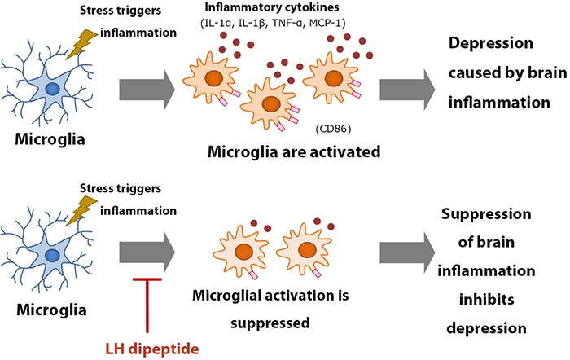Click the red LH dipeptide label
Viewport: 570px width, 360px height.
pyautogui.click(x=152, y=349)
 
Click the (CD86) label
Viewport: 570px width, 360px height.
pyautogui.click(x=333, y=129)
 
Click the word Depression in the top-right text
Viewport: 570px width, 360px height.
pyautogui.click(x=491, y=44)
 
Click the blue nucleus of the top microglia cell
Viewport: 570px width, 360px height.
pyautogui.click(x=53, y=89)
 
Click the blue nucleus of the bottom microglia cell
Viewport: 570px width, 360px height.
pyautogui.click(x=53, y=255)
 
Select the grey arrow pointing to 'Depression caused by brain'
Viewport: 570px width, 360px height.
pyautogui.click(x=407, y=90)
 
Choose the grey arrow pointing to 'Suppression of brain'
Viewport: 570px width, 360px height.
pyautogui.click(x=407, y=252)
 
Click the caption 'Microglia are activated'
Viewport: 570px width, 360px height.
pyautogui.click(x=294, y=152)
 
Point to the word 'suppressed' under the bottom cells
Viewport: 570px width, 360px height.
pyautogui.click(x=270, y=323)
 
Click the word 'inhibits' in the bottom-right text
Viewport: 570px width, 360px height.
pyautogui.click(x=486, y=300)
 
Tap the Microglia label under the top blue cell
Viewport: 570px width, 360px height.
pyautogui.click(x=50, y=139)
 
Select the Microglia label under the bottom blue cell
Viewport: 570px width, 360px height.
pyautogui.click(x=51, y=310)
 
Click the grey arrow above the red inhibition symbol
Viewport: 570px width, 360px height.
pyautogui.click(x=147, y=252)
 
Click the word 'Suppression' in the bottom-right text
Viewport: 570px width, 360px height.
pyautogui.click(x=486, y=214)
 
